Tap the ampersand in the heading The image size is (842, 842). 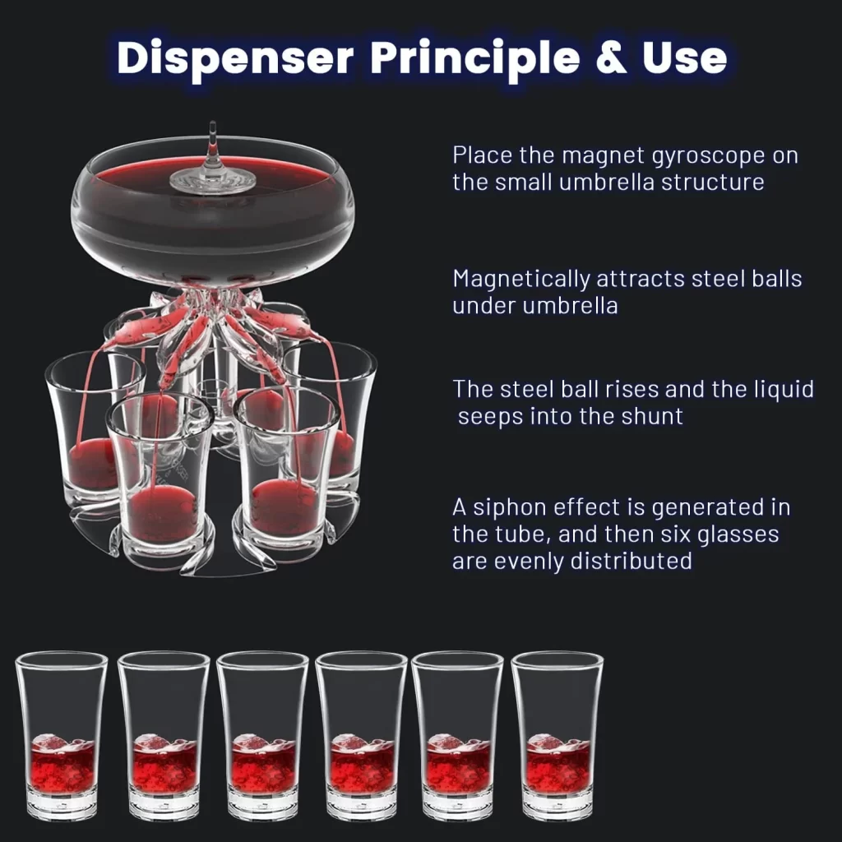click(x=612, y=57)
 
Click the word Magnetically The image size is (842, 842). click(x=520, y=280)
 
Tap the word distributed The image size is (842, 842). click(x=631, y=561)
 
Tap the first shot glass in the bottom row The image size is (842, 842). click(x=61, y=736)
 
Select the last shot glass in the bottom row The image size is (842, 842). click(x=557, y=736)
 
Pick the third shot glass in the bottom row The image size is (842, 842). click(x=262, y=736)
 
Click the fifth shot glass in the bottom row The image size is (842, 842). click(x=457, y=736)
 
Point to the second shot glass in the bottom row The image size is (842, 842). click(x=164, y=736)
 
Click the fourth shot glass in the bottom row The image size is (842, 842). click(x=362, y=736)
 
